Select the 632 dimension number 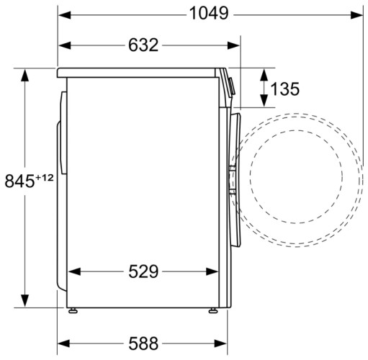[143, 45]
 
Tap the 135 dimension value [286, 89]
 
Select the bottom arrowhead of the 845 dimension [27, 303]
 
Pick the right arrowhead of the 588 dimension [220, 342]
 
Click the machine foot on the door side [214, 310]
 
